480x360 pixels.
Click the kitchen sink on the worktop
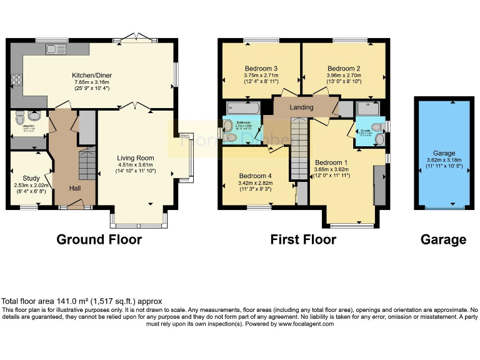pos(56,49)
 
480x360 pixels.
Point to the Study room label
pos(31,178)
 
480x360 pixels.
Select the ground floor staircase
pos(87,164)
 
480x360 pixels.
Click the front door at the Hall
pos(76,202)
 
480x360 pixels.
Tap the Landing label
pos(302,107)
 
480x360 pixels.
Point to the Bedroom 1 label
pos(331,161)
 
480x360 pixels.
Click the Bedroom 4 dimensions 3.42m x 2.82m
pos(256,182)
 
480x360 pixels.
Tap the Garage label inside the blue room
pos(445,153)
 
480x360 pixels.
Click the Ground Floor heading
pos(99,239)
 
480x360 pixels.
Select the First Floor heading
pos(303,239)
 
